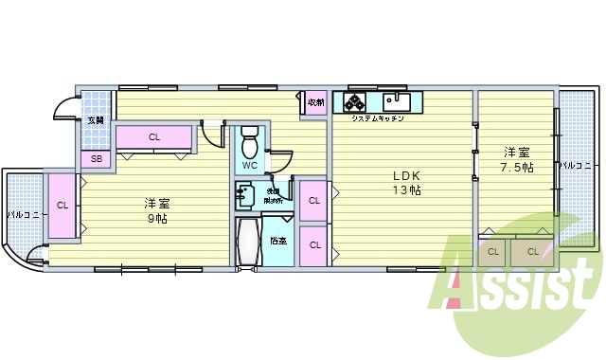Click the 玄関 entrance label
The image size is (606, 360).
tap(96, 120)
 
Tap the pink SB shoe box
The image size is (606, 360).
tap(96, 159)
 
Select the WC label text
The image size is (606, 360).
tap(249, 166)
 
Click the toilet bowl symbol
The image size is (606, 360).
tap(250, 143)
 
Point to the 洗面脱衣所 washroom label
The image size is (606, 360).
tap(273, 196)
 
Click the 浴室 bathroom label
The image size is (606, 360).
tap(277, 241)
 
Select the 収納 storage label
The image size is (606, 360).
tap(315, 102)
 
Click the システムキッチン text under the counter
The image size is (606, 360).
tap(378, 119)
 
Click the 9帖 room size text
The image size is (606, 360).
tap(157, 218)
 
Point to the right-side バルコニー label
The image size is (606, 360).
tap(574, 166)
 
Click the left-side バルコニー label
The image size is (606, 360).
tap(23, 215)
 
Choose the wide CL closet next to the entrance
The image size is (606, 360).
tap(154, 137)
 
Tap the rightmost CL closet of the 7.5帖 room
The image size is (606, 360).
tap(533, 251)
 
